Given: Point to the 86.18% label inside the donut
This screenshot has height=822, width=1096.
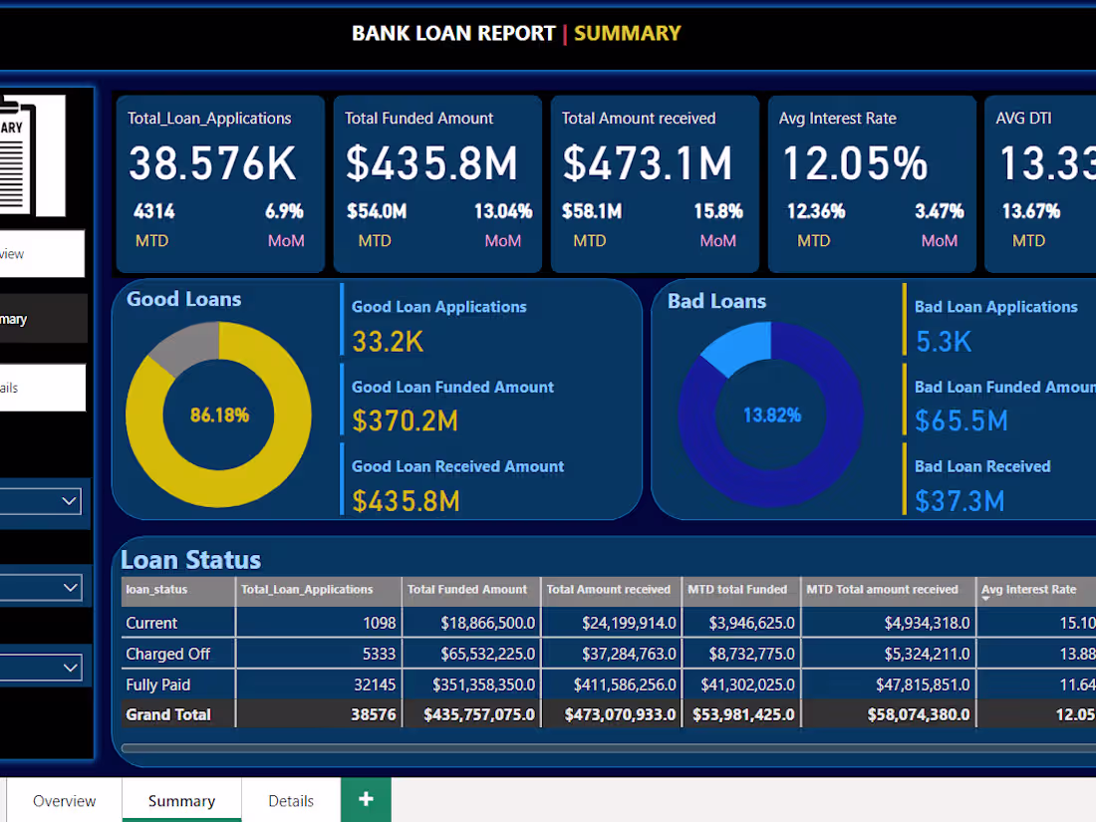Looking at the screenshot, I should pos(219,414).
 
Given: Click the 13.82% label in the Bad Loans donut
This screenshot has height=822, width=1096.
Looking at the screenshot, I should pos(772,414).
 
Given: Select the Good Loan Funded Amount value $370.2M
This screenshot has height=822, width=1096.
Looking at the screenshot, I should pos(405,421).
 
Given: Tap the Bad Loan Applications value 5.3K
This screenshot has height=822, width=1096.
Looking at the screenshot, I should pos(943,342).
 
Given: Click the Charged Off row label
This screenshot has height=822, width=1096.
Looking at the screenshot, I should pos(167,654).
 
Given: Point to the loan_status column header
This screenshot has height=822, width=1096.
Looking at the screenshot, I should pos(156,590).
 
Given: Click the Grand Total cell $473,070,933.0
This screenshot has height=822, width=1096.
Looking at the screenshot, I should pos(620,714).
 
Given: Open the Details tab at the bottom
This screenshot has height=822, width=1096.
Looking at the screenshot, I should pos(291,801).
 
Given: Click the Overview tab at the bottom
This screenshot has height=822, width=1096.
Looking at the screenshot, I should pos(65,801).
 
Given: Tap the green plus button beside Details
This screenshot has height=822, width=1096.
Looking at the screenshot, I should pos(366,800).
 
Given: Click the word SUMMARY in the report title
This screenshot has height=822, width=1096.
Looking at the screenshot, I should pos(627,33).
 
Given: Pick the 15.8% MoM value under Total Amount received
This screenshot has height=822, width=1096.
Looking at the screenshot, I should pos(718,211).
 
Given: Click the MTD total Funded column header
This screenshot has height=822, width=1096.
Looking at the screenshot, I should pos(737,590).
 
